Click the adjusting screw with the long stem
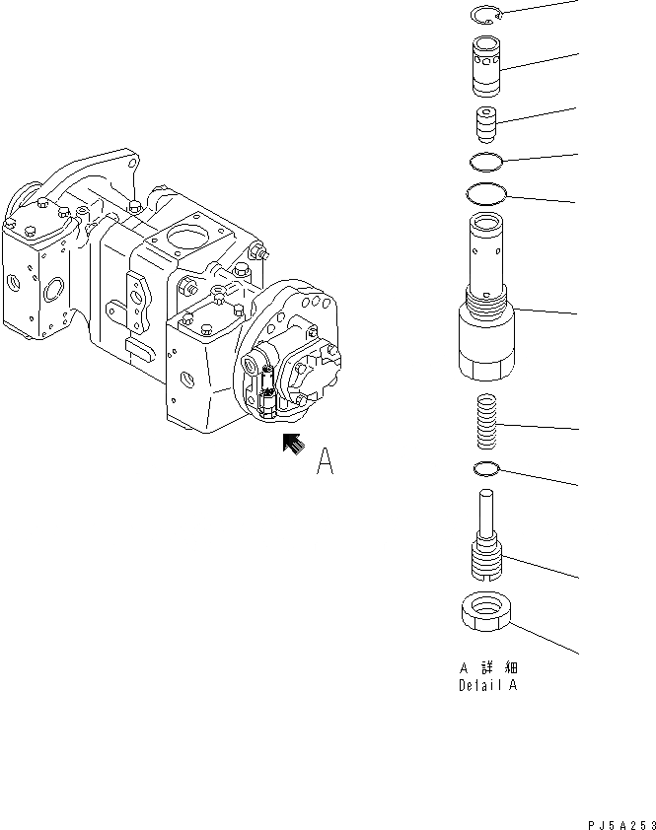tap(484, 547)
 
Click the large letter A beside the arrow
tap(326, 462)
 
